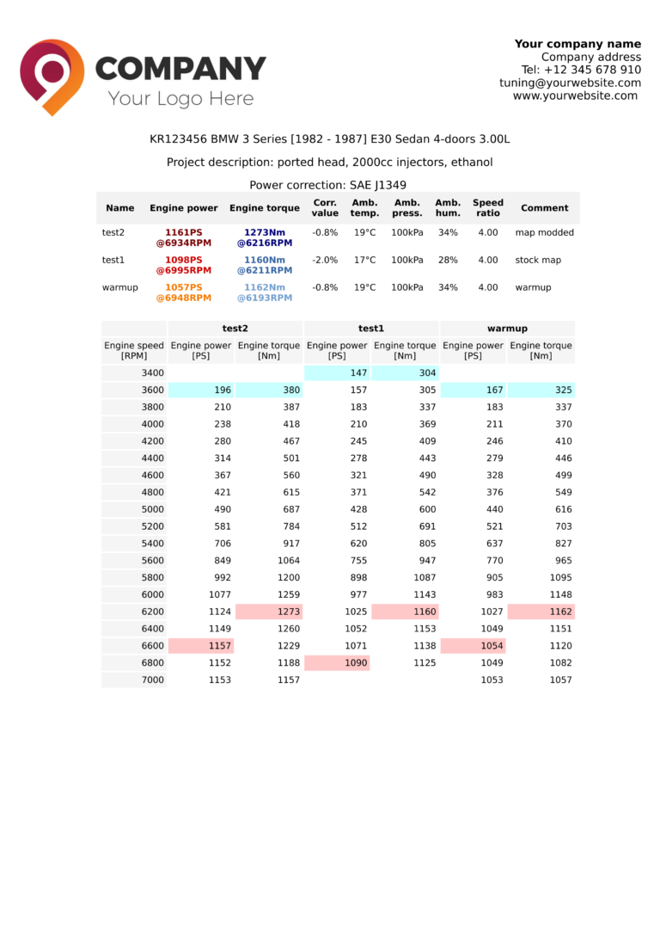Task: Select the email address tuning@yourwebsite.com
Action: point(570,83)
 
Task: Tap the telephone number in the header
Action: point(581,70)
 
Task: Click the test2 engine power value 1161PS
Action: point(183,232)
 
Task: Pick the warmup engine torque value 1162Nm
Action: point(264,287)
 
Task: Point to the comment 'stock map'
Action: point(539,260)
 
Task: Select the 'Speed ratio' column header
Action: point(487,208)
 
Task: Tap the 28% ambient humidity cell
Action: point(447,260)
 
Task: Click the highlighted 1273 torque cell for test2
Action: point(268,612)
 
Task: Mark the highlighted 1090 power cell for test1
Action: point(337,663)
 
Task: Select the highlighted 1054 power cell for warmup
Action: point(473,646)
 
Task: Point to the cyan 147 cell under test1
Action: point(337,372)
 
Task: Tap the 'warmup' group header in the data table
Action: point(507,328)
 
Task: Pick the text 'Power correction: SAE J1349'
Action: point(327,185)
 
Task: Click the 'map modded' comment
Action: point(544,232)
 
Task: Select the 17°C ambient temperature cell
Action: point(364,260)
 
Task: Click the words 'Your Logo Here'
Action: point(180,98)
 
